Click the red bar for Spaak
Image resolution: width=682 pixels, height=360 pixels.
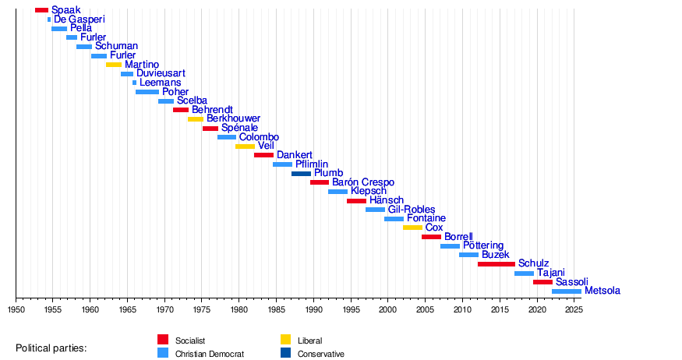click(41, 10)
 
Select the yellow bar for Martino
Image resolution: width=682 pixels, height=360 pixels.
click(114, 65)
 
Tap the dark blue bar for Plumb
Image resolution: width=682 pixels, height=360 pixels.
click(301, 174)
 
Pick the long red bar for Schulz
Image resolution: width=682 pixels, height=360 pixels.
click(496, 264)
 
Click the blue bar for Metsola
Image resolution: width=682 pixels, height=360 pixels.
click(567, 291)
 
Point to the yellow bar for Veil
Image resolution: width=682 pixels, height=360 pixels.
click(245, 146)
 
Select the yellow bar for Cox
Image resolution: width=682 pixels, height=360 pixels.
click(412, 228)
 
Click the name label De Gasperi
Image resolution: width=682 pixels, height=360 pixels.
click(80, 19)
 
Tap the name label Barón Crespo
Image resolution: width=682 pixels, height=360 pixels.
click(363, 182)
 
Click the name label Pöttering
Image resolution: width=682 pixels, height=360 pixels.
click(483, 246)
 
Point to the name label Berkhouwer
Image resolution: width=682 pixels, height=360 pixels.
click(233, 119)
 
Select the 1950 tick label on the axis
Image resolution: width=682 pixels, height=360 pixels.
click(16, 309)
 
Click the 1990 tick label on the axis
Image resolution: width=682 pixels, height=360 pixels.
click(314, 309)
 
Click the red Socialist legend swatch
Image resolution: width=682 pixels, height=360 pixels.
click(163, 340)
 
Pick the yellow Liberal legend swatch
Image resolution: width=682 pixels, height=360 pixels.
click(286, 340)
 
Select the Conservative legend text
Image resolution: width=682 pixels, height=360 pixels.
click(321, 354)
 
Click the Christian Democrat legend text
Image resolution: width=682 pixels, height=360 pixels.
click(210, 354)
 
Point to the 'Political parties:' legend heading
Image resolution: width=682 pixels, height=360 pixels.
click(51, 347)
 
